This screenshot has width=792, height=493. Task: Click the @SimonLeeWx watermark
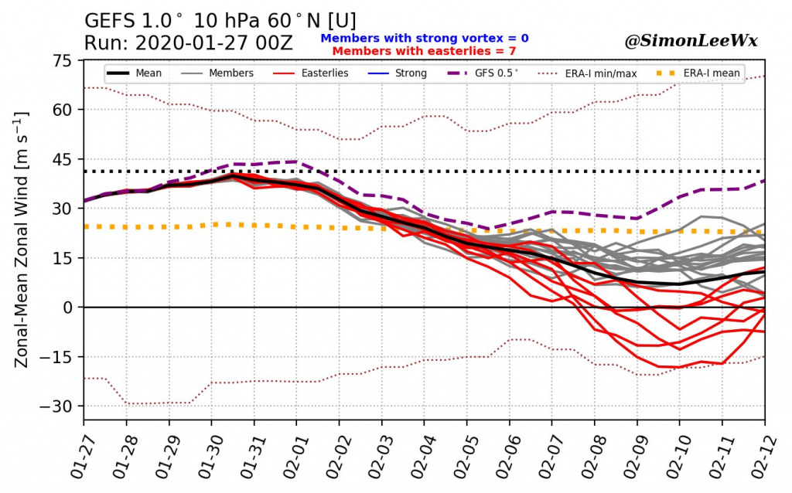(691, 42)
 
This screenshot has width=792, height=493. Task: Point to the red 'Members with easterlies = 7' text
(424, 50)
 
